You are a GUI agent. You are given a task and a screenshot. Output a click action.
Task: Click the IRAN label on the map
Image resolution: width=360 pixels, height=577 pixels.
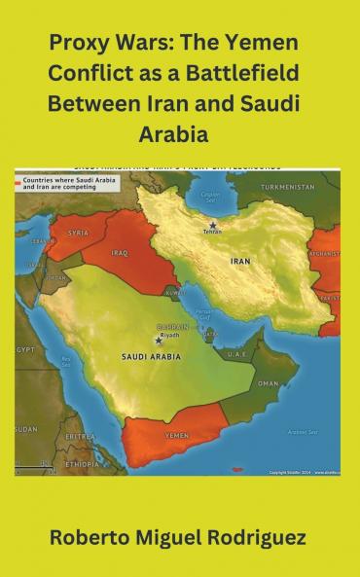point(239,262)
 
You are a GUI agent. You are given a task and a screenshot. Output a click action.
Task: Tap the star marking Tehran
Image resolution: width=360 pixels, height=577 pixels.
point(212,226)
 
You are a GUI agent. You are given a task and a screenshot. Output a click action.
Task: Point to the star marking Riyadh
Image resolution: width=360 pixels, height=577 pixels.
point(159,340)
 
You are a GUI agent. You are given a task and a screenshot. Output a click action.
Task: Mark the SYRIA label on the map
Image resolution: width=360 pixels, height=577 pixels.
point(78,233)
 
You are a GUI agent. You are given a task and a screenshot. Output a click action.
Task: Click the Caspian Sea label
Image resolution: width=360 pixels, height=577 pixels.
point(209,198)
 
